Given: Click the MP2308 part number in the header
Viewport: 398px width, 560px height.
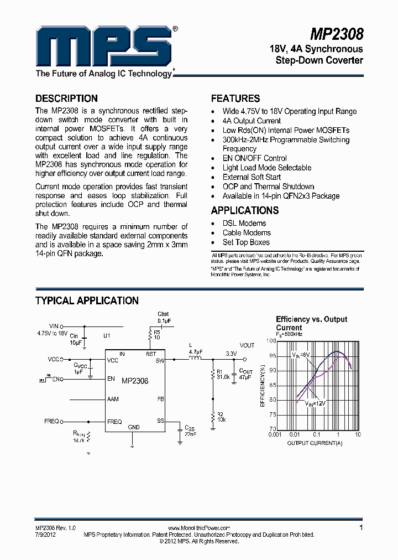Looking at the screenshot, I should [337, 34].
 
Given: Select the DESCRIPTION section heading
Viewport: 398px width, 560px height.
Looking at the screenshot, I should [66, 98].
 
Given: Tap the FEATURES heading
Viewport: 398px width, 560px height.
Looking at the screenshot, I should [235, 98].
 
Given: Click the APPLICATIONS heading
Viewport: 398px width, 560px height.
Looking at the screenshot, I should [244, 210].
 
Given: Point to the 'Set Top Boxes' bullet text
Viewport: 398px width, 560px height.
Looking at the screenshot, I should [246, 242].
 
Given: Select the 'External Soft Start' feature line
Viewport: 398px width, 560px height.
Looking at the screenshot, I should [252, 177].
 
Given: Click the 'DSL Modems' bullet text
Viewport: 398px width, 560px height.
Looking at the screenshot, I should [244, 224].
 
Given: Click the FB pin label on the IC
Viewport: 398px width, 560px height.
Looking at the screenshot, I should [160, 398].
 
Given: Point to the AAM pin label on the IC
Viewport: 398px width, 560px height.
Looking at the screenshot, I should [113, 398].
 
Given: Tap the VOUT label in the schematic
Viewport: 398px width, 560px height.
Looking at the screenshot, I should [247, 345].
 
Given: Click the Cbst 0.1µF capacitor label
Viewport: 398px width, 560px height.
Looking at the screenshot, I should [164, 317].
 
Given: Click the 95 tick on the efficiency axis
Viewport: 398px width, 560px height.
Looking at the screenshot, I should [271, 356].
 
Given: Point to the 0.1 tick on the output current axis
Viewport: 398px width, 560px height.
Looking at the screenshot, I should [316, 434].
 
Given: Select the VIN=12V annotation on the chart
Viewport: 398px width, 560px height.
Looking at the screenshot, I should [315, 404].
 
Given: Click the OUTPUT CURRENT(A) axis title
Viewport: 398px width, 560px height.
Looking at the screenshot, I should [315, 443].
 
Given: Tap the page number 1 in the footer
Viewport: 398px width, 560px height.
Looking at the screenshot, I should [361, 528].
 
